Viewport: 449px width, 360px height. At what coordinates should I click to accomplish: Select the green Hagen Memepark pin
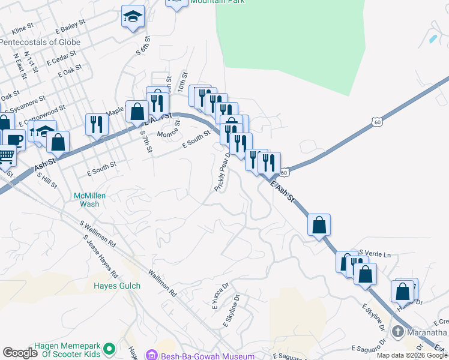tap(109, 349)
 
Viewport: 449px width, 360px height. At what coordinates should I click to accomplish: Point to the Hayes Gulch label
tap(116, 286)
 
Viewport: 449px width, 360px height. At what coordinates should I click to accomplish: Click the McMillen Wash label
tap(86, 200)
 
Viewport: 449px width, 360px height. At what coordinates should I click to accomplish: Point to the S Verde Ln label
tap(375, 254)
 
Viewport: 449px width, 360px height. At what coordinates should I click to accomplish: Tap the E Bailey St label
tap(66, 28)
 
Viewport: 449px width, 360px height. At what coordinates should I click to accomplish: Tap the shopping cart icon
tap(6, 155)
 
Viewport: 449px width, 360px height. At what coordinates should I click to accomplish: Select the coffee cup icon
tap(14, 140)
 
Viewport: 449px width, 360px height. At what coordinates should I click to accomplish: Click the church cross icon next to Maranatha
tap(397, 332)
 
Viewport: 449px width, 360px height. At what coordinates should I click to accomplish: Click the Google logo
tap(20, 353)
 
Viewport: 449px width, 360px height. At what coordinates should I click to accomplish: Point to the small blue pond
tap(433, 39)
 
